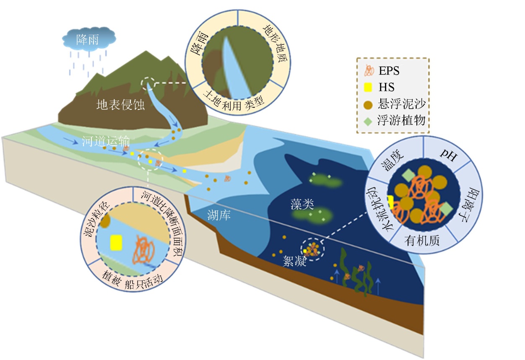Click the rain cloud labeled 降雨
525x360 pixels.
click(88, 40)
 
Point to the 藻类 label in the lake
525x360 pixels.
click(302, 204)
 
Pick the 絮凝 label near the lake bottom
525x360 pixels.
click(294, 262)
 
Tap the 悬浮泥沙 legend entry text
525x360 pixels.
click(401, 104)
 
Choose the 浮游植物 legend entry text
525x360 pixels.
click(401, 121)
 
